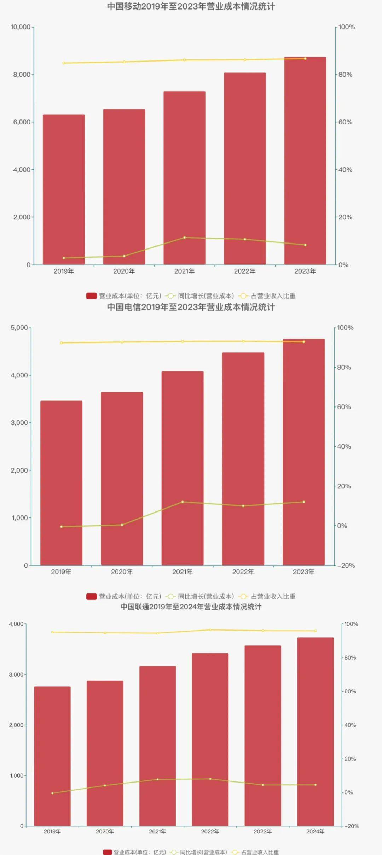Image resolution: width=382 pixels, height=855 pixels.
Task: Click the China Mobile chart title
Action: point(191,7)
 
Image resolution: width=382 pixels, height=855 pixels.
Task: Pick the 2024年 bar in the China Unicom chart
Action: point(315,732)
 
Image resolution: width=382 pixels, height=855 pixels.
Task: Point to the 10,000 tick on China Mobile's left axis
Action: point(21,27)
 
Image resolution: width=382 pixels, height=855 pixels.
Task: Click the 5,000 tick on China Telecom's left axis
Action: point(19,328)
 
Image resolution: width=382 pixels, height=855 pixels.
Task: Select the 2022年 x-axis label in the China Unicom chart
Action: point(210,831)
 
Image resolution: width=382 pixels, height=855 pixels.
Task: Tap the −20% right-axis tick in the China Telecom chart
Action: point(346,566)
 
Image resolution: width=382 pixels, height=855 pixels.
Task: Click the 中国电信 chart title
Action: point(191,307)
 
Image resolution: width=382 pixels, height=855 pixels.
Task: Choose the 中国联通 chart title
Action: point(191,607)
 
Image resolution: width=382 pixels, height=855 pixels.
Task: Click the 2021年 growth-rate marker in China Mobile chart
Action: point(184,238)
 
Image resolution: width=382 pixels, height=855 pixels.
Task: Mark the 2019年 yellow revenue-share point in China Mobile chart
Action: point(64,63)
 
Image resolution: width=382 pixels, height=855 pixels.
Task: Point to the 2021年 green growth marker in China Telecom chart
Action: point(183,502)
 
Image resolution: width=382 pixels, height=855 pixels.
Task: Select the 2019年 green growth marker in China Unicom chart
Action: point(52,793)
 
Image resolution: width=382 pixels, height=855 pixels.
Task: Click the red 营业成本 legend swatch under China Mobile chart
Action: point(91,296)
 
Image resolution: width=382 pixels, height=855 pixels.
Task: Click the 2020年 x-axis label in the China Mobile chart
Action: point(124,271)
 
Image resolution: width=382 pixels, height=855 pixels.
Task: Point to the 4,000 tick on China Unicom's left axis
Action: point(16,624)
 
